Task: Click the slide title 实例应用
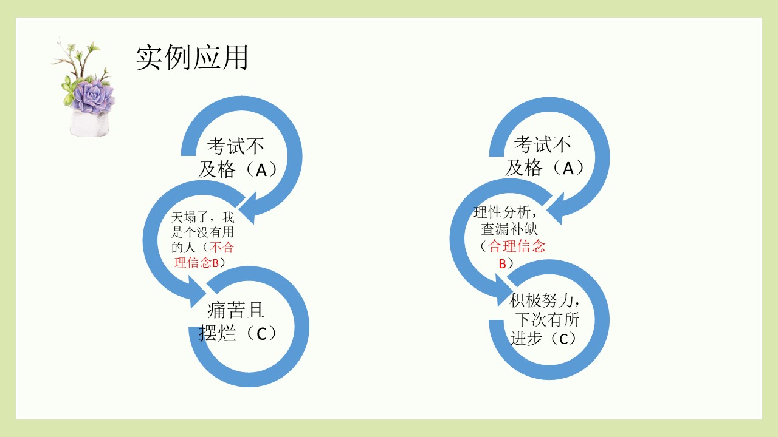[x=191, y=58]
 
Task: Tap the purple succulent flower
[x=93, y=97]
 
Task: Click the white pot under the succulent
[x=89, y=124]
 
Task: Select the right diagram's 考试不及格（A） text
[x=545, y=156]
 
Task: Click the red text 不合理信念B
[x=204, y=255]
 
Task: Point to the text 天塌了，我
[x=203, y=217]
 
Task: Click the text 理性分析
[x=502, y=212]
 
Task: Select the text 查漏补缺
[x=509, y=229]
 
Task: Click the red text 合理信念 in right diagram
[x=517, y=246]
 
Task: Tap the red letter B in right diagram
[x=502, y=264]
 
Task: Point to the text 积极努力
[x=541, y=300]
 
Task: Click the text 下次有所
[x=547, y=319]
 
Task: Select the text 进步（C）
[x=544, y=339]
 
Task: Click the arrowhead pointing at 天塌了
[x=248, y=208]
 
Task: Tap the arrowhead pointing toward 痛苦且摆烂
[x=198, y=292]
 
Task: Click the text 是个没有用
[x=202, y=232]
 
